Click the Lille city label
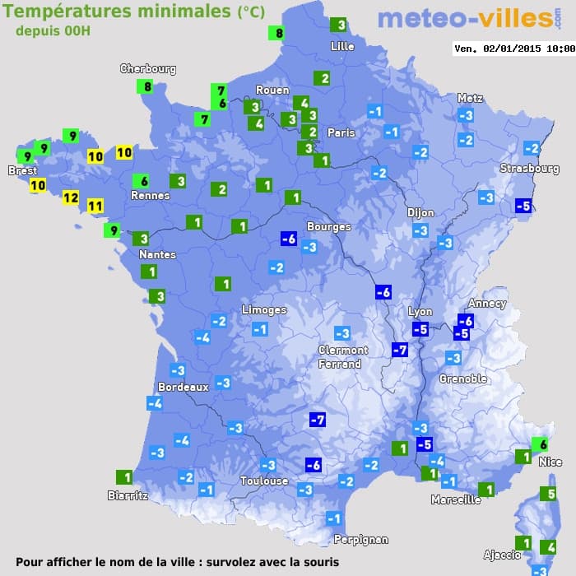[341, 46]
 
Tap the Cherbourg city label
[148, 69]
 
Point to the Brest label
[23, 171]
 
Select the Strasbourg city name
[529, 169]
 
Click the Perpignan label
[360, 540]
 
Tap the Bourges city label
[328, 226]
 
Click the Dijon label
[420, 212]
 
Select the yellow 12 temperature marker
[70, 197]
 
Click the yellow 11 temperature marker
[95, 206]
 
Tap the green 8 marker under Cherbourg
[147, 86]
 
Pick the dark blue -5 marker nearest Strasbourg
[523, 206]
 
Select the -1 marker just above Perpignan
[333, 518]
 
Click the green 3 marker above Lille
[338, 26]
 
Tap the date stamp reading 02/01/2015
[513, 49]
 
